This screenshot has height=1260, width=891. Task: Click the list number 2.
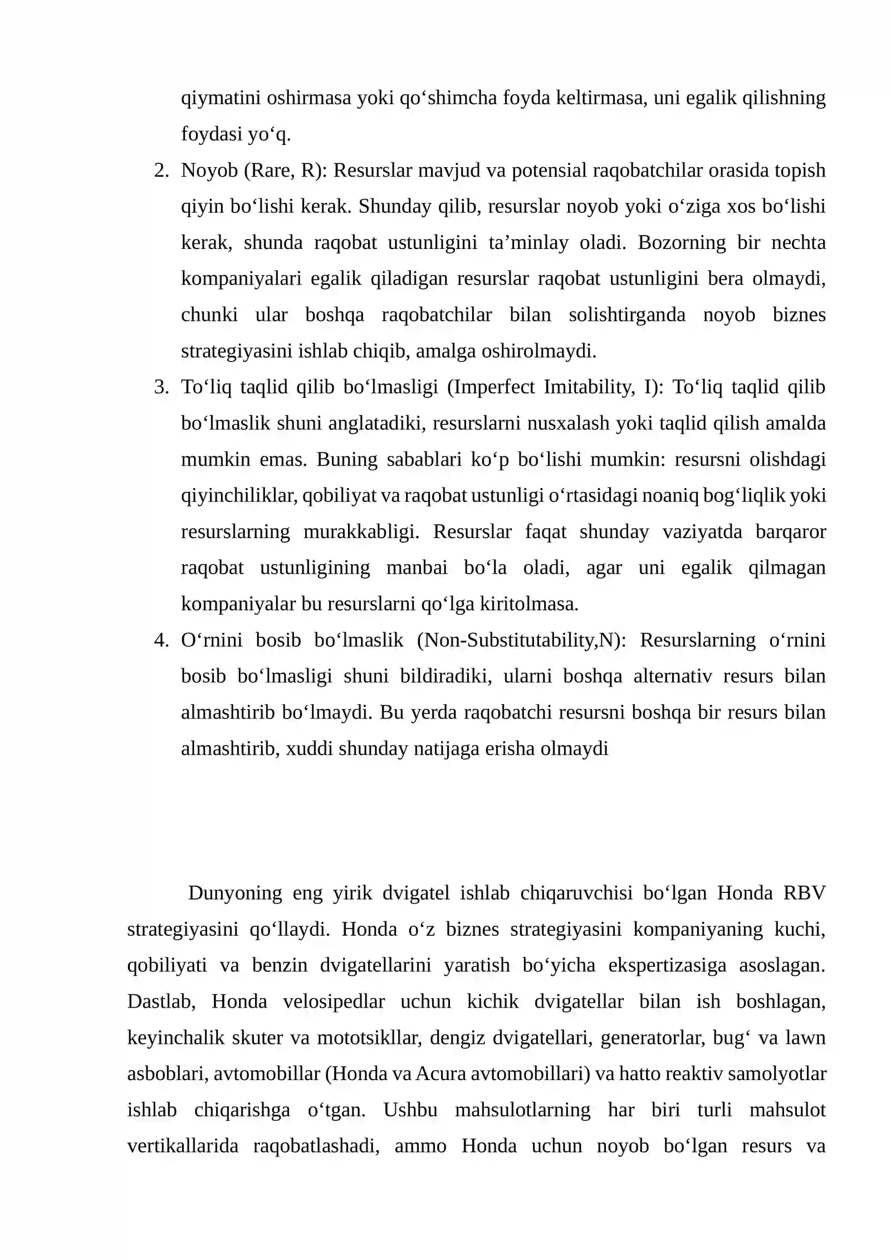[160, 170]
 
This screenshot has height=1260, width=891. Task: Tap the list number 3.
[160, 387]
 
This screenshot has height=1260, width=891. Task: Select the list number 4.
[160, 640]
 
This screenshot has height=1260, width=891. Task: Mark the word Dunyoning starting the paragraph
[235, 893]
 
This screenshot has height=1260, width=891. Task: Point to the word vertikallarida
[183, 1146]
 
